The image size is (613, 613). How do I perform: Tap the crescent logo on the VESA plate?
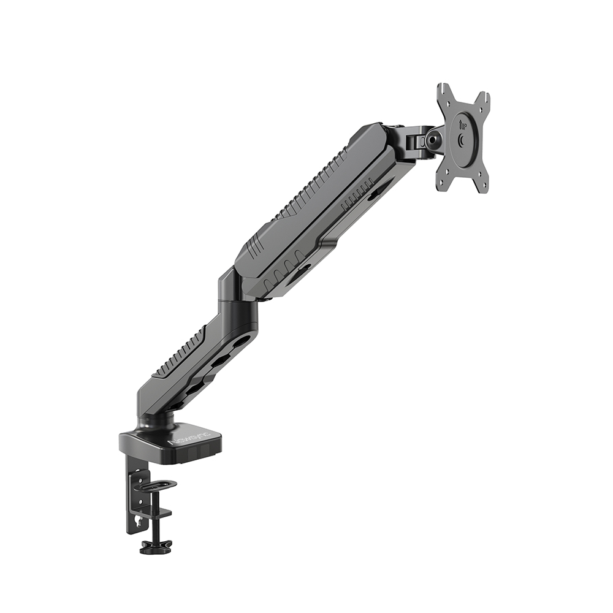point(461,140)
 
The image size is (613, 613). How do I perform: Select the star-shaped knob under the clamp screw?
point(156,545)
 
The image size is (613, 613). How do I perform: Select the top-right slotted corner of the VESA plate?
point(484,98)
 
